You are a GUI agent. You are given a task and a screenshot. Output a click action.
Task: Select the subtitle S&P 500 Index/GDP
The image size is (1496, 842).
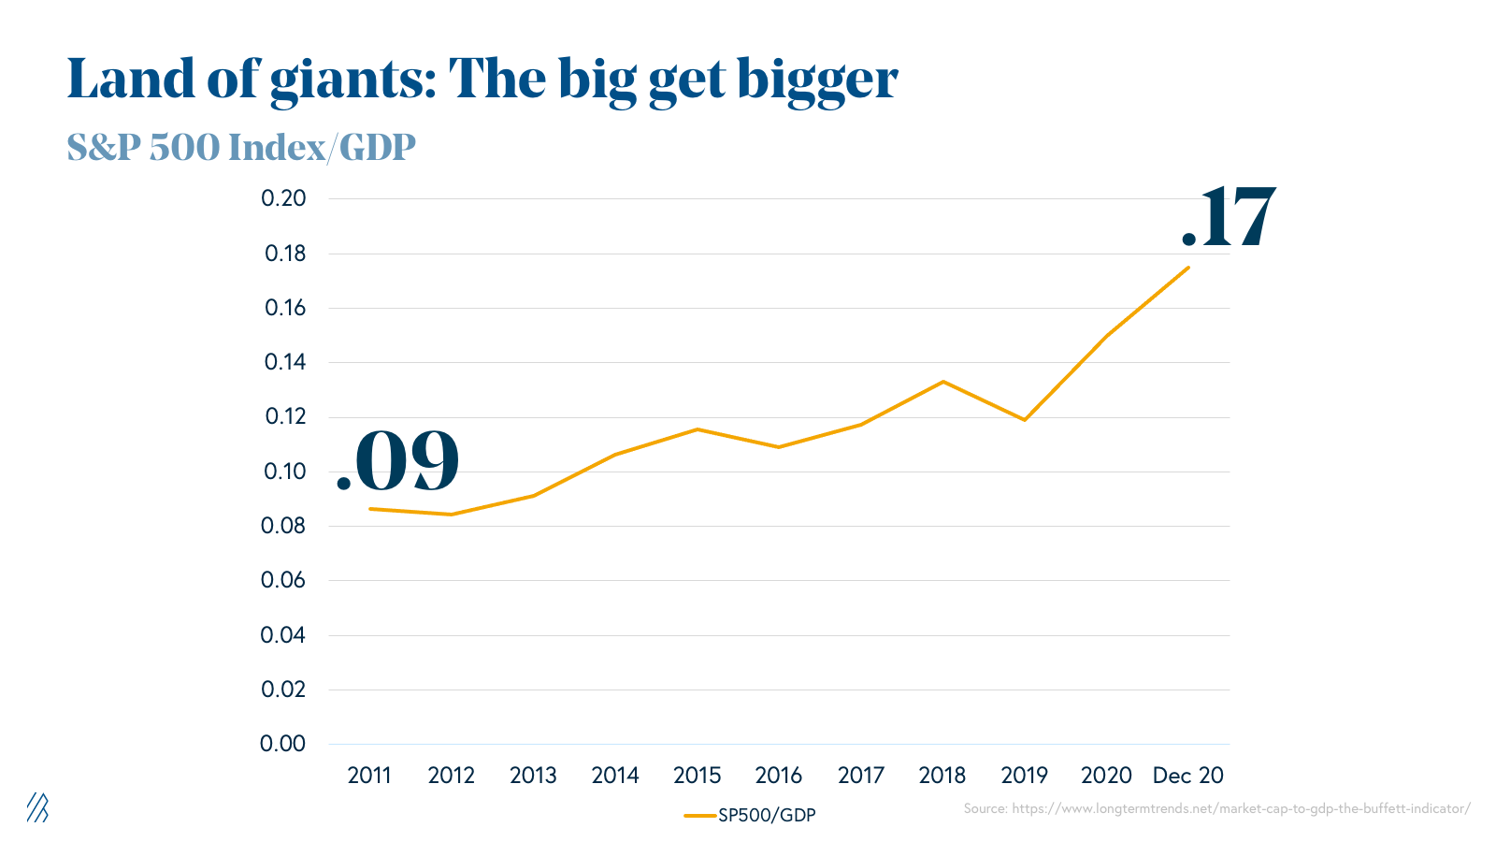(x=241, y=147)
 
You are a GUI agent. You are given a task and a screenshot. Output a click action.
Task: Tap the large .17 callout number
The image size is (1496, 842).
(x=1229, y=217)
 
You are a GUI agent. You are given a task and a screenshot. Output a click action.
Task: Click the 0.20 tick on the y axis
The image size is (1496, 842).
(x=283, y=198)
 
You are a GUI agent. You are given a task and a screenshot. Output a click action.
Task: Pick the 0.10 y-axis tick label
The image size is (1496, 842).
(x=283, y=472)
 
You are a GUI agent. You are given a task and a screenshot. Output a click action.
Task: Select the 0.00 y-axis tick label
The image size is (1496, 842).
(x=283, y=744)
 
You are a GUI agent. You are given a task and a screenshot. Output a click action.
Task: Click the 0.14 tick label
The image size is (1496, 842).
(x=283, y=362)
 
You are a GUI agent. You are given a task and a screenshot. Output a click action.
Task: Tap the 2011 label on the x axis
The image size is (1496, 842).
(x=369, y=776)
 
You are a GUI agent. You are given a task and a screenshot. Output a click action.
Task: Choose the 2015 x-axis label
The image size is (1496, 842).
(x=697, y=776)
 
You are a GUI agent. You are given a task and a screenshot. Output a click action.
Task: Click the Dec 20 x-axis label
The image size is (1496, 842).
(x=1187, y=776)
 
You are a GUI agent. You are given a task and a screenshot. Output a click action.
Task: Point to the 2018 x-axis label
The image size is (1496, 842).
(x=942, y=776)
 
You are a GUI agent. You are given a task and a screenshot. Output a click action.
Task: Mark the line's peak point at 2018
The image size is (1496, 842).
(x=942, y=382)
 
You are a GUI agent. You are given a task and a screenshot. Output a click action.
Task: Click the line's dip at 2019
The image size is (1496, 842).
(x=1025, y=420)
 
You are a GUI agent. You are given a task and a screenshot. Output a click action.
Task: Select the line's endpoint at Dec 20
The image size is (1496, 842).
(x=1188, y=268)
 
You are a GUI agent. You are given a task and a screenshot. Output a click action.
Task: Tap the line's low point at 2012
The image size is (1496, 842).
(x=452, y=515)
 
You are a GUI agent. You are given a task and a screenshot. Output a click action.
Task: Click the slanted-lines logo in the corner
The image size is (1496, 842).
(x=37, y=807)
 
